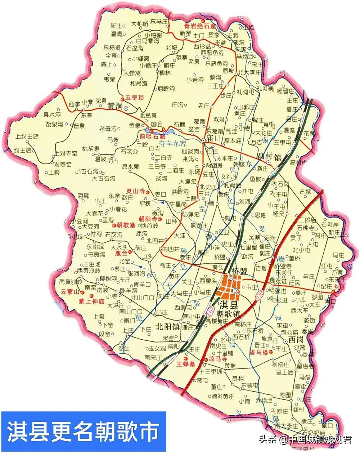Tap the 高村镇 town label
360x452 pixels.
270,156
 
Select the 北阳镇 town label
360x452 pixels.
167,327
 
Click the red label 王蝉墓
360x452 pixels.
185,364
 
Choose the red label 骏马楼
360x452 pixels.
259,352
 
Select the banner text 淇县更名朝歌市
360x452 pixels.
83,431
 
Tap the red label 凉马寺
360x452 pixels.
218,359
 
